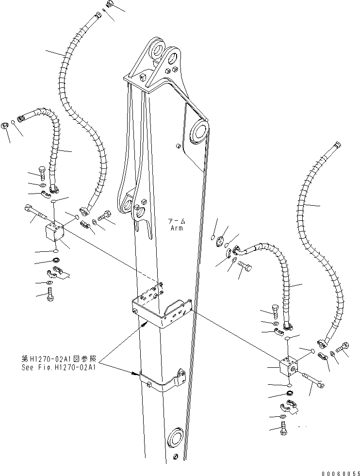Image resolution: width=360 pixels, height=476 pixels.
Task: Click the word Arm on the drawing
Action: coord(176,228)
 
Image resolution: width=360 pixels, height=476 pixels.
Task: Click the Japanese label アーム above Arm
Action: coord(176,221)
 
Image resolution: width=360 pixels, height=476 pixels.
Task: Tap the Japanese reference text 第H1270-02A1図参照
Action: coord(58,360)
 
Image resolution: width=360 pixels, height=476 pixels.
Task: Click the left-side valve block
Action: coord(54,232)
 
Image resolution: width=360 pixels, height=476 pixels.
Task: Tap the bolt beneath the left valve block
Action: coord(49,294)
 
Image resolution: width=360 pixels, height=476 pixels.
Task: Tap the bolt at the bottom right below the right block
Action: coord(283,428)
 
